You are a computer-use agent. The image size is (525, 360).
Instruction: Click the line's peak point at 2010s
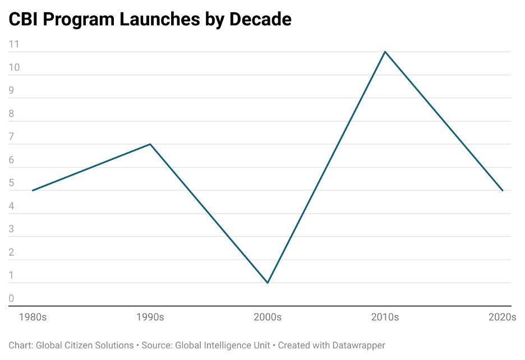pyautogui.click(x=385, y=52)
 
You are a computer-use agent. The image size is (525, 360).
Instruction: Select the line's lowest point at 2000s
pyautogui.click(x=268, y=283)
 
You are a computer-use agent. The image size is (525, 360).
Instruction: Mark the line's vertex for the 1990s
pyautogui.click(x=150, y=144)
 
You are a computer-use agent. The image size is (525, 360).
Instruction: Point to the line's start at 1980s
pyautogui.click(x=33, y=191)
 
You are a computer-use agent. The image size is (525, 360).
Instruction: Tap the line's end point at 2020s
pyautogui.click(x=503, y=191)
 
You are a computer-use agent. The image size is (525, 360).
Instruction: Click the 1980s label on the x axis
pyautogui.click(x=33, y=317)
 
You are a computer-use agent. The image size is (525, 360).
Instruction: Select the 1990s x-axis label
pyautogui.click(x=150, y=317)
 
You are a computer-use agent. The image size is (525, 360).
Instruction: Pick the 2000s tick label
pyautogui.click(x=268, y=317)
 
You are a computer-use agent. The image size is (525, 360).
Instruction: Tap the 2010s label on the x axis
pyautogui.click(x=385, y=317)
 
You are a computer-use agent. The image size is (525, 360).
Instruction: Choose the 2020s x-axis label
pyautogui.click(x=502, y=317)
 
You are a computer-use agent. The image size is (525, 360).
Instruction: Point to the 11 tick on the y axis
pyautogui.click(x=14, y=44)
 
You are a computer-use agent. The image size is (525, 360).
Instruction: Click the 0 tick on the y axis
pyautogui.click(x=11, y=299)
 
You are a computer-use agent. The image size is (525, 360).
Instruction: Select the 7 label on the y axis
pyautogui.click(x=11, y=137)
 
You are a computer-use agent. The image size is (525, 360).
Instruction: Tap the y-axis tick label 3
pyautogui.click(x=11, y=229)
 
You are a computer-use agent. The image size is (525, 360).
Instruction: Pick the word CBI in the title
pyautogui.click(x=23, y=19)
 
